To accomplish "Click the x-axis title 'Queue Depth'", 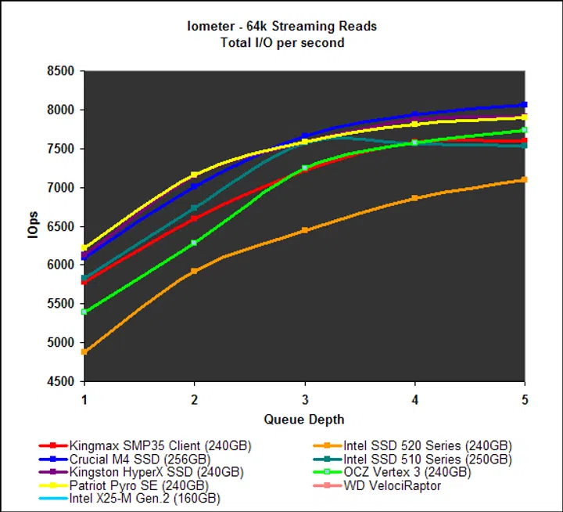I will pyautogui.click(x=304, y=419).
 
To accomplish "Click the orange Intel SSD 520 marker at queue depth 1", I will pyautogui.click(x=84, y=352).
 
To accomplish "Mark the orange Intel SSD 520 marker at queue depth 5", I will pyautogui.click(x=525, y=180).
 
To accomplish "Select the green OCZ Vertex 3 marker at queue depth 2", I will pyautogui.click(x=194, y=243).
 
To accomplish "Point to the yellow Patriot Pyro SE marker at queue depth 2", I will pyautogui.click(x=194, y=175).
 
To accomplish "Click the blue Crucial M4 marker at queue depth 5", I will pyautogui.click(x=525, y=105).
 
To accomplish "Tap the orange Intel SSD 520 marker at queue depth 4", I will pyautogui.click(x=414, y=198).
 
